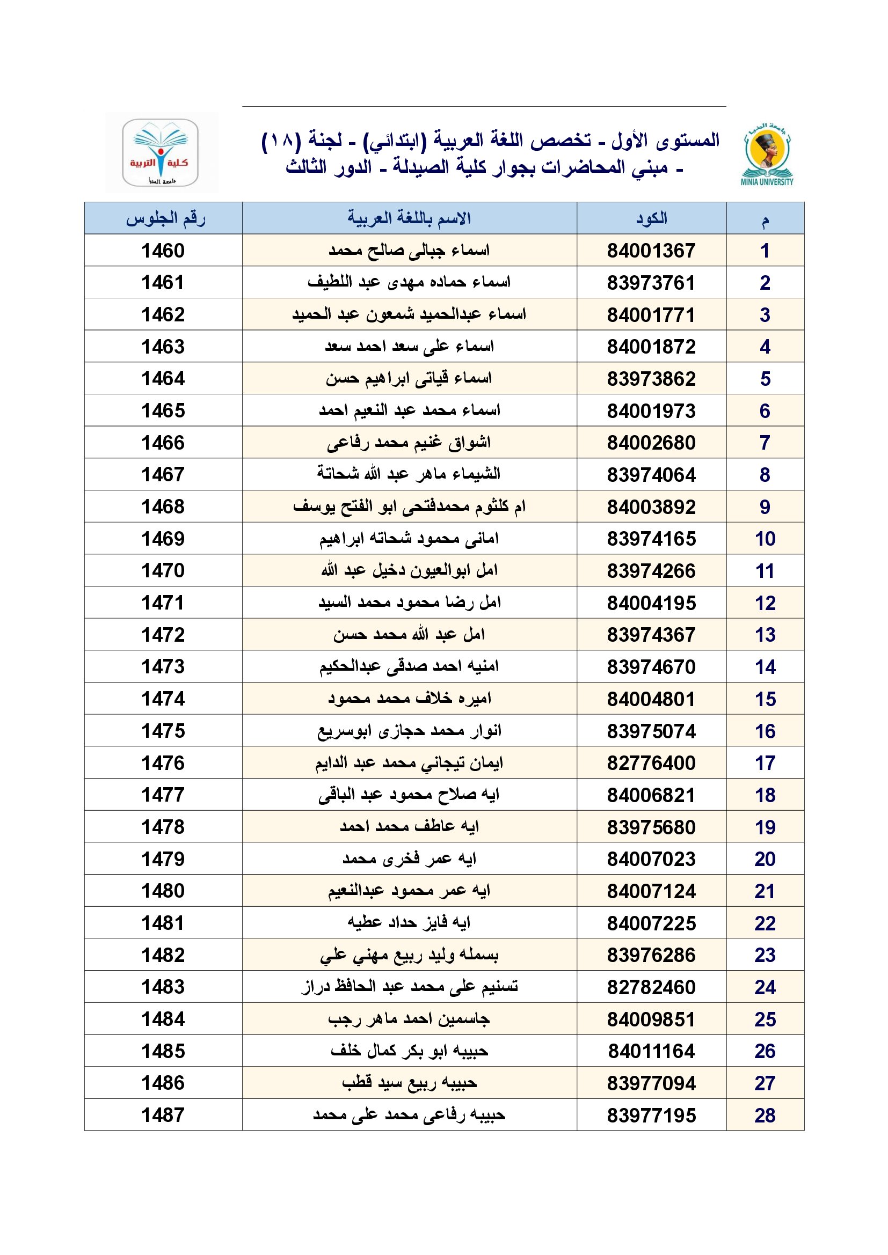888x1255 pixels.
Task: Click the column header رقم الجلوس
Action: click(165, 218)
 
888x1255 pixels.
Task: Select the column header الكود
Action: click(651, 218)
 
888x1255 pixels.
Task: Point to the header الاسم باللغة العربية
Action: click(409, 218)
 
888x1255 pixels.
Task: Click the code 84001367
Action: click(651, 251)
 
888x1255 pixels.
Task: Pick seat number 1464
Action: click(163, 379)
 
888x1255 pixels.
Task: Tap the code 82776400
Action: click(651, 763)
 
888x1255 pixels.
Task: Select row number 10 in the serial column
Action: click(765, 539)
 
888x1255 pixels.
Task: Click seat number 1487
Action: click(163, 1115)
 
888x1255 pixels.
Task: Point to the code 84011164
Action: click(651, 1051)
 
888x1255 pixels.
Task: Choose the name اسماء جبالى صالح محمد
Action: click(409, 251)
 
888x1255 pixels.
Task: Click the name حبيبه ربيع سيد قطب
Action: click(409, 1083)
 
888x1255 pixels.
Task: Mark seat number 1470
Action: click(163, 571)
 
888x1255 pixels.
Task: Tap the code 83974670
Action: click(651, 667)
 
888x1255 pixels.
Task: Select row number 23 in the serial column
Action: click(765, 955)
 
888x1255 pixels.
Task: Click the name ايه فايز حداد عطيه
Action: click(409, 923)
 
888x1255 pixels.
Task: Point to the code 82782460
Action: click(651, 987)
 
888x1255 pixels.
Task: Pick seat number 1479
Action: click(163, 859)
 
